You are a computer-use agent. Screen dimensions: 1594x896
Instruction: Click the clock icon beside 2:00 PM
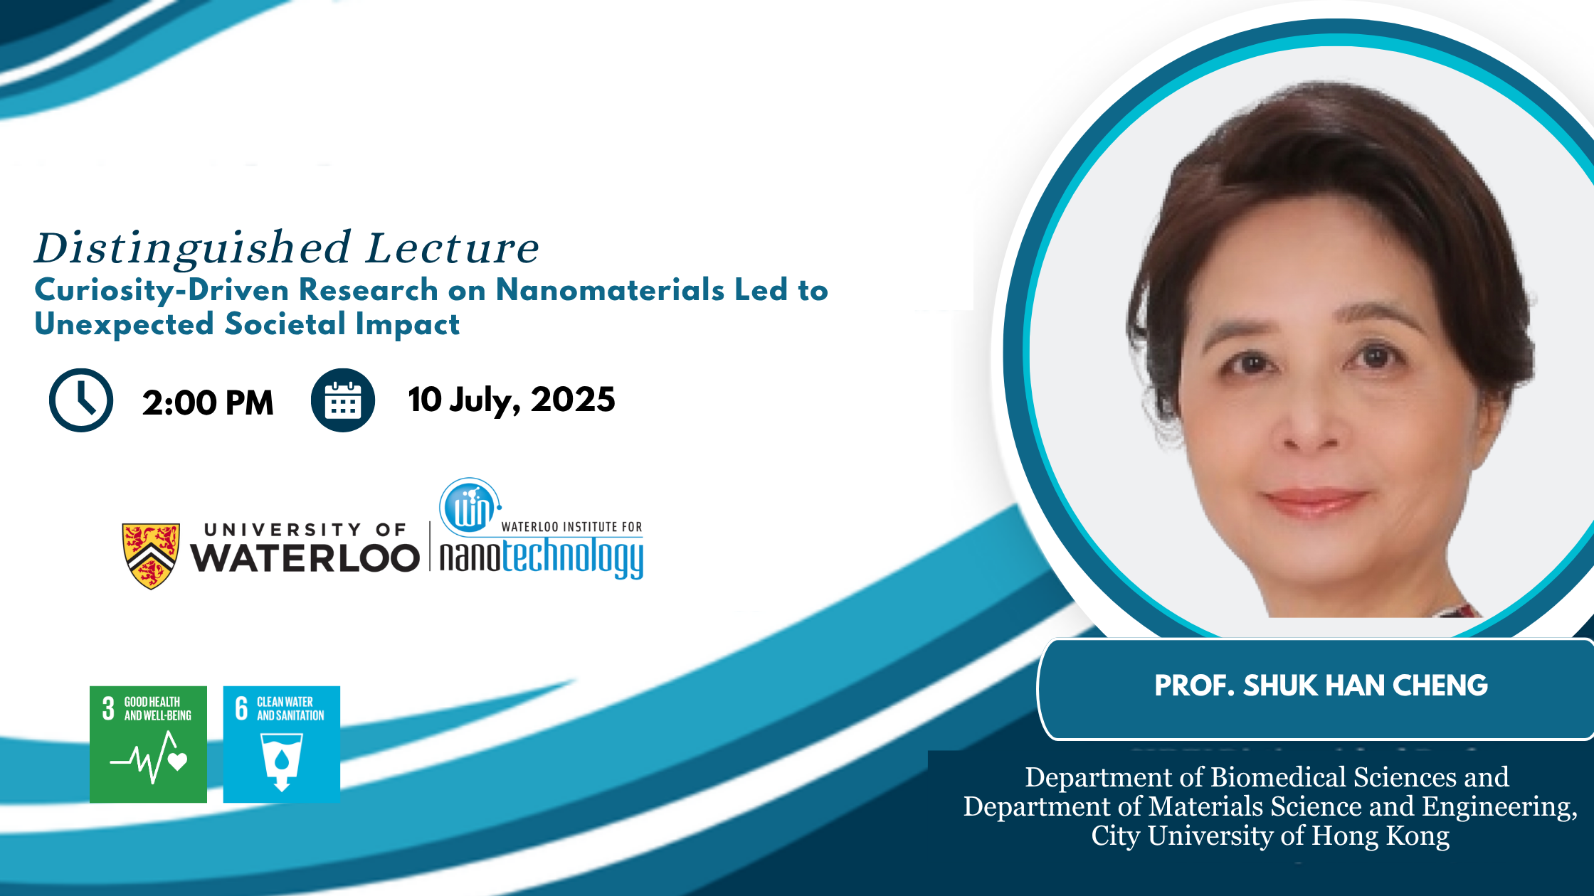pos(81,400)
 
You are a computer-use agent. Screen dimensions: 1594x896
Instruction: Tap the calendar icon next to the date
pos(343,400)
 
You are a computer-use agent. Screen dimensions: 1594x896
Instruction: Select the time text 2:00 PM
pos(208,402)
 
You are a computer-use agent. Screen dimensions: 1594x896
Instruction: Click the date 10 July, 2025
pos(512,400)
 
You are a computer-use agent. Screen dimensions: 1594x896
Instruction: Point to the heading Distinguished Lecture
pos(287,249)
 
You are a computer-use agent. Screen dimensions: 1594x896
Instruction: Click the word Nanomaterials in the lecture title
pos(610,289)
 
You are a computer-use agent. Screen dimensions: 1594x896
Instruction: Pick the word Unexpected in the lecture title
pos(125,324)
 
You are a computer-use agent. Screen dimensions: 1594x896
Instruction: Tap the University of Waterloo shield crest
pos(151,556)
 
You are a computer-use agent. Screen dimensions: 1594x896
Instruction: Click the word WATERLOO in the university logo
pos(305,558)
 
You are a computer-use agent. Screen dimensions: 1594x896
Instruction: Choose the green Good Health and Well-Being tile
pos(148,745)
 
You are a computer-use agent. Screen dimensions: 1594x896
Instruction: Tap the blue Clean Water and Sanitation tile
pos(282,745)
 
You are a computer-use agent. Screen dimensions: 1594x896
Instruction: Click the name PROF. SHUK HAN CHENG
pos(1321,686)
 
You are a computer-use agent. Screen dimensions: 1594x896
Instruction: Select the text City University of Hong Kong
pos(1270,836)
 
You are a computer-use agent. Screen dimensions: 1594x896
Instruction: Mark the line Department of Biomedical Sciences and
pos(1267,777)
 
